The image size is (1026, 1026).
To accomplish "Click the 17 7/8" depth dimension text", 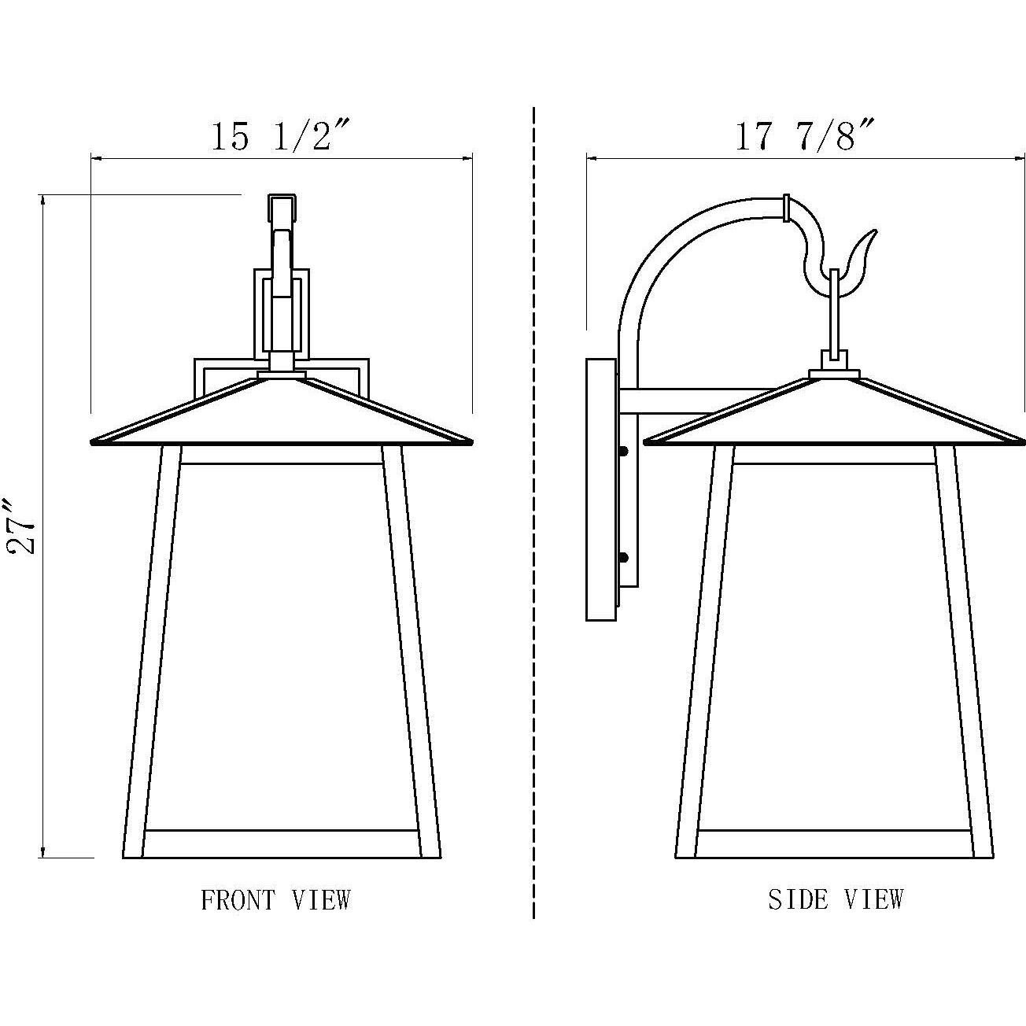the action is click(x=804, y=136).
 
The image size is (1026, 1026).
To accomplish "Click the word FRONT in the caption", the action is click(x=238, y=899).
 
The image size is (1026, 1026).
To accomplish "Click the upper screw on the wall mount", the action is click(x=625, y=452).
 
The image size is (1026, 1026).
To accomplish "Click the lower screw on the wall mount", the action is click(x=625, y=558).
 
